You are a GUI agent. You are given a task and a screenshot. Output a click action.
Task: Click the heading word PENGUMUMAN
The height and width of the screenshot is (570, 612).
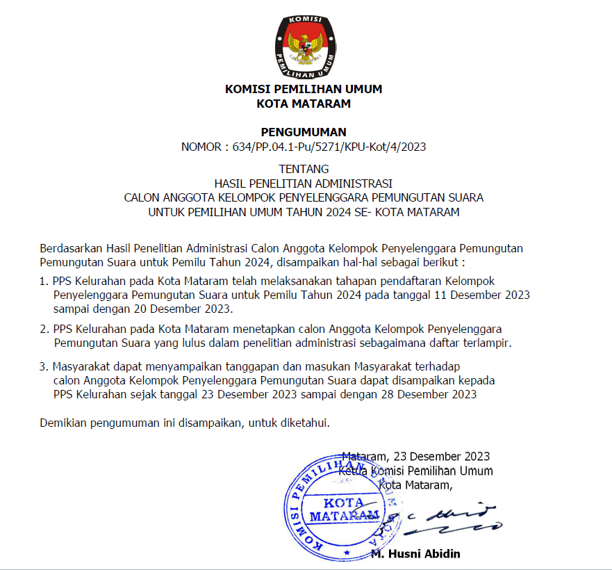[303, 132]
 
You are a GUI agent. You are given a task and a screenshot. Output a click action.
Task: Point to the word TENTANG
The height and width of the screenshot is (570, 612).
[304, 169]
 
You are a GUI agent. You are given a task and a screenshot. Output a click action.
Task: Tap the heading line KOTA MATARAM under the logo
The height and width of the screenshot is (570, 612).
[304, 104]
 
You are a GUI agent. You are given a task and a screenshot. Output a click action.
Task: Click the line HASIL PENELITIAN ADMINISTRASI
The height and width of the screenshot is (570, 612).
[304, 184]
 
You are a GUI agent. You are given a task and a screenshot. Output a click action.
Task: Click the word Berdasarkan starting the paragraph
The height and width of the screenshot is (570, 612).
[72, 248]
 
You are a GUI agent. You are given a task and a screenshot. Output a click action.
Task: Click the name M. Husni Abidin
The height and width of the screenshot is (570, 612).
[415, 554]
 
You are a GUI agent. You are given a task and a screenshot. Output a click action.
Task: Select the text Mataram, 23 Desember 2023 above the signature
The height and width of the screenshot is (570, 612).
[416, 457]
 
